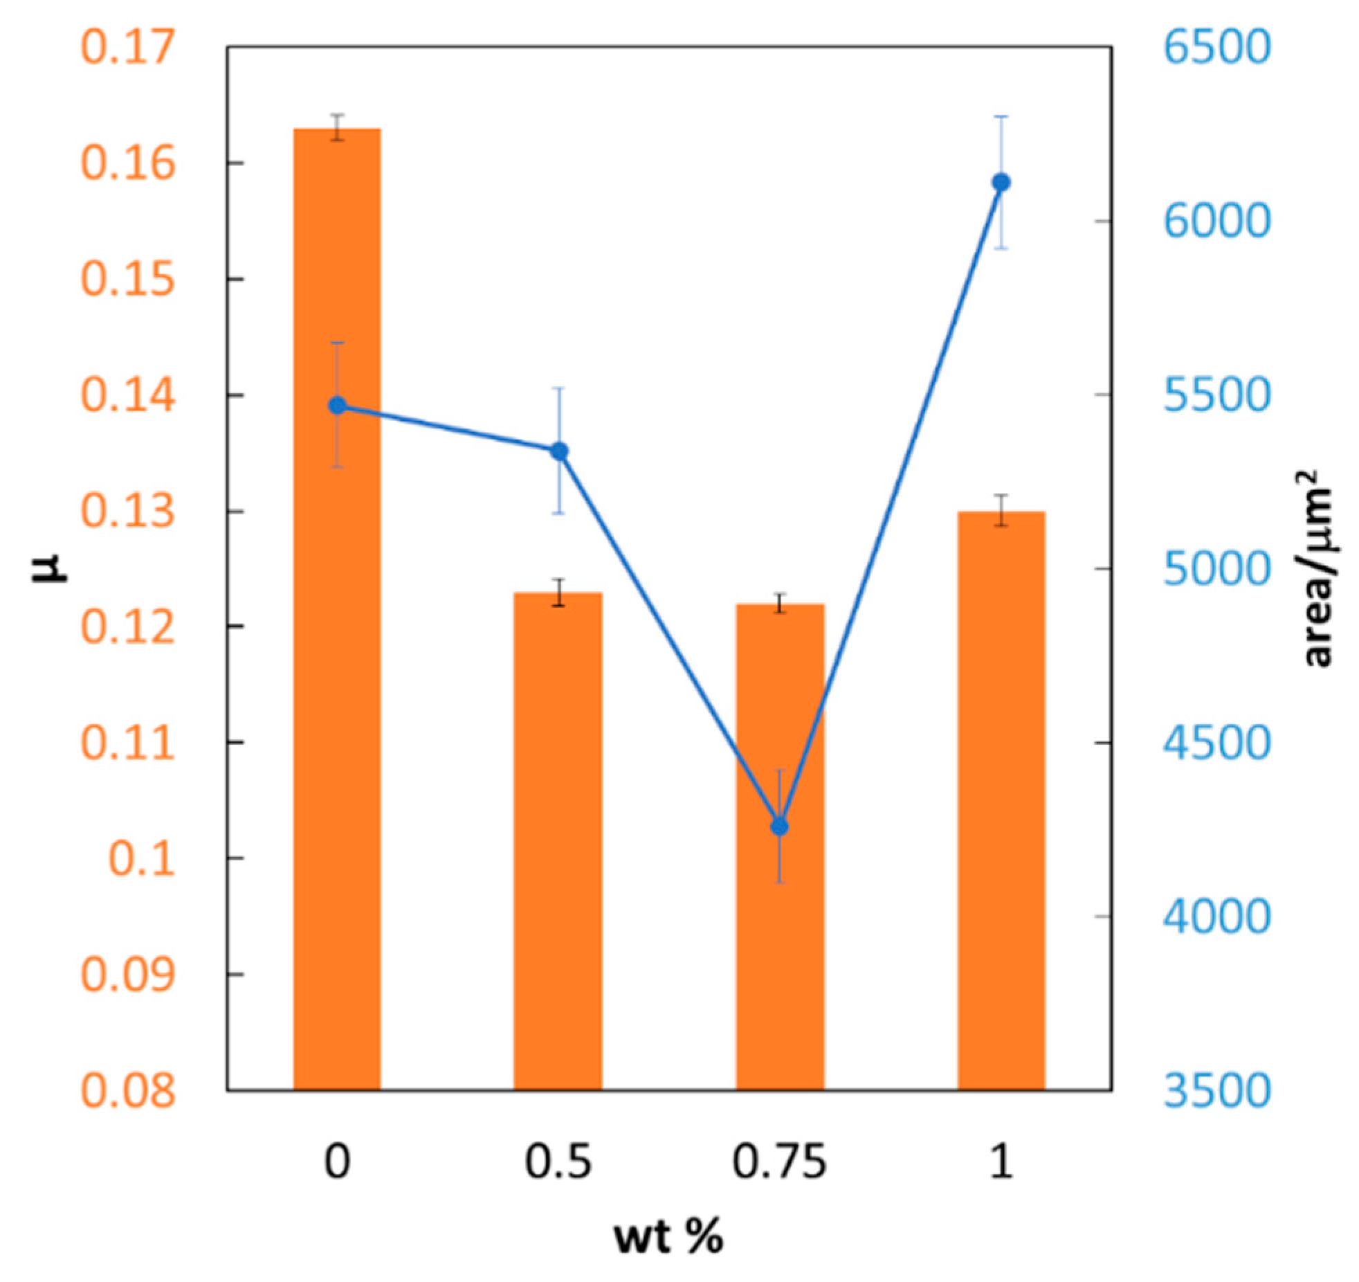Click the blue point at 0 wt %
[x=337, y=405]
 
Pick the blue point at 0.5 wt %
[x=559, y=451]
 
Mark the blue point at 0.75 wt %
[x=780, y=827]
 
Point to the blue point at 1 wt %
[x=1001, y=182]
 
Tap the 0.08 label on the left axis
[x=128, y=1090]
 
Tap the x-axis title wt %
[x=668, y=1237]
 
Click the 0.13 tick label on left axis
[x=128, y=512]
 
